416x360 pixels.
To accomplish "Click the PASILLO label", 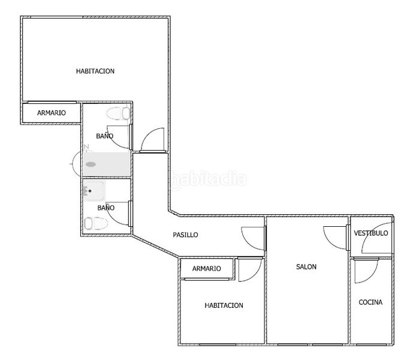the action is click(x=185, y=235).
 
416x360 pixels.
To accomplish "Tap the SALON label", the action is click(x=306, y=266).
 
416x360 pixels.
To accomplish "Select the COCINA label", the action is click(x=370, y=302).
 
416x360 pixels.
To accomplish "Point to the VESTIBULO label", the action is click(x=371, y=233).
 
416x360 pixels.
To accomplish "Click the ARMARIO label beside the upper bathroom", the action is click(x=52, y=113).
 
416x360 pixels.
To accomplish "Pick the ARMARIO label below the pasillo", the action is click(x=207, y=268).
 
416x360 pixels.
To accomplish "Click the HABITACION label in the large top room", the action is click(x=95, y=71).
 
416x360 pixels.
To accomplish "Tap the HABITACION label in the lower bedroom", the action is click(x=224, y=305).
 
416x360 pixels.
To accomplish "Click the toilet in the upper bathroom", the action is click(x=118, y=113).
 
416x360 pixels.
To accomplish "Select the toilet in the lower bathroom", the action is click(x=96, y=224).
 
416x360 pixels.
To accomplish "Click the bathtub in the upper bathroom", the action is click(x=106, y=164).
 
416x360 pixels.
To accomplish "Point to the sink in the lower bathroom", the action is click(x=94, y=191).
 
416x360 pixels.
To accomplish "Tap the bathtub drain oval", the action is click(x=91, y=164).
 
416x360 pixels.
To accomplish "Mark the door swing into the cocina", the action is click(x=367, y=270).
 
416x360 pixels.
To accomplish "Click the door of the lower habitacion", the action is click(x=250, y=269).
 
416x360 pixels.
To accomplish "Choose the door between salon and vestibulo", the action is click(x=336, y=238).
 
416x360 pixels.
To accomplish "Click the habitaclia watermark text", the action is click(x=209, y=179).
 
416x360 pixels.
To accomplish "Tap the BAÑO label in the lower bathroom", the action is click(x=106, y=208).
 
